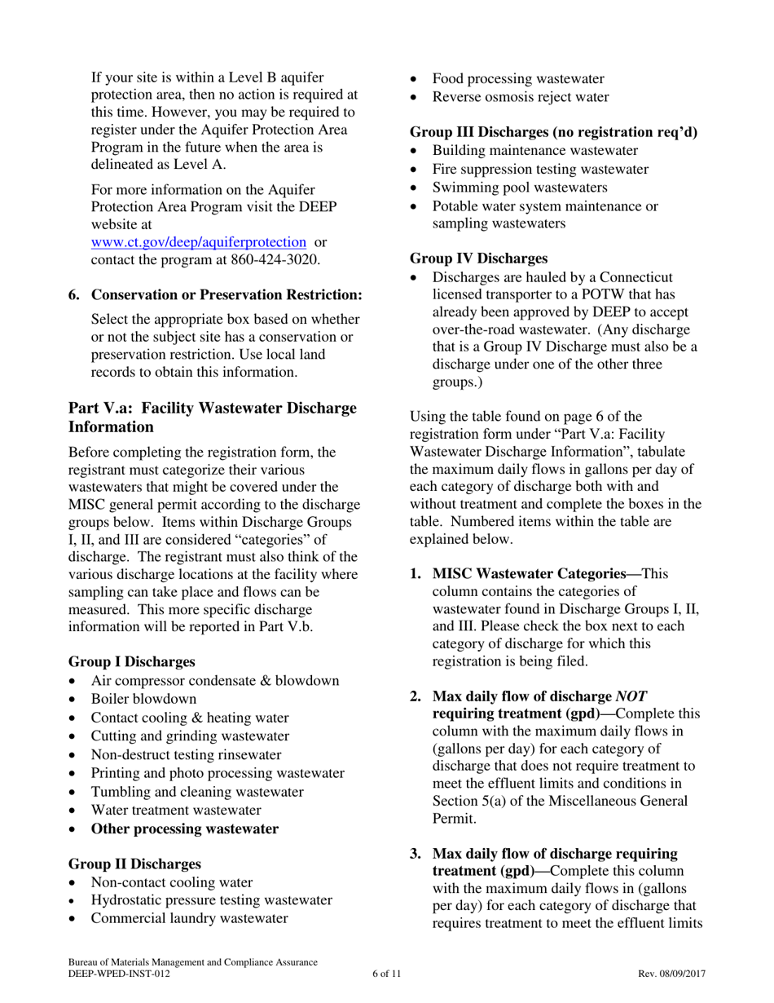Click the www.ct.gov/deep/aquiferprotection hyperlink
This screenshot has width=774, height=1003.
(x=199, y=242)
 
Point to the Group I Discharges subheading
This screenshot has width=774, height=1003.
(x=131, y=661)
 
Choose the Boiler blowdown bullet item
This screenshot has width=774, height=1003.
(x=143, y=699)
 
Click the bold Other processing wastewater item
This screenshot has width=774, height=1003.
(x=184, y=828)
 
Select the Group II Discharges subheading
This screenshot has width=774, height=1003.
(x=134, y=864)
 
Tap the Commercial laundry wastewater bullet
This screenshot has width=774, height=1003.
(x=189, y=918)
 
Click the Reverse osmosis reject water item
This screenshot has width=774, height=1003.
(x=520, y=97)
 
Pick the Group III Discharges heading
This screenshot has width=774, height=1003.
(x=553, y=132)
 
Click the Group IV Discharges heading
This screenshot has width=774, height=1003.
(x=478, y=258)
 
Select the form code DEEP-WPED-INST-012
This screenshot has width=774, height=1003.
(x=119, y=974)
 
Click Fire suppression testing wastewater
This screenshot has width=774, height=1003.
(x=540, y=169)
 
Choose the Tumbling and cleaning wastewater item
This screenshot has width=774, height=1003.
(x=197, y=792)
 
